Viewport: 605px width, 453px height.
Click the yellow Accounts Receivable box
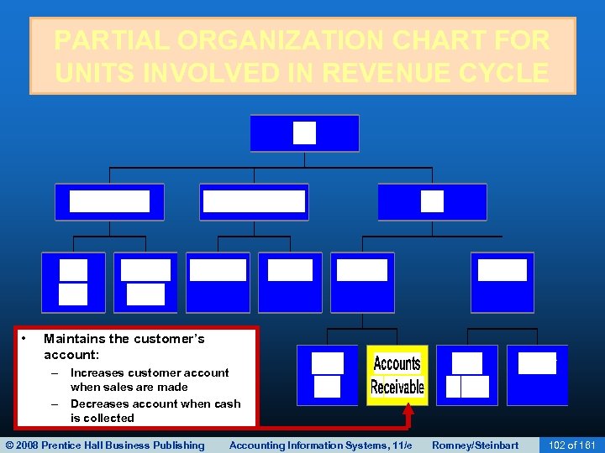(397, 375)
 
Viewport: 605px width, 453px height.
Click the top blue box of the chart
(304, 133)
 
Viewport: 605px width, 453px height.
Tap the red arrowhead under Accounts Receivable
(408, 411)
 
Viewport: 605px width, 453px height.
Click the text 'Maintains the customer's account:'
(124, 346)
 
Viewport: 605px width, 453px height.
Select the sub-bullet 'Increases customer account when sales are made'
(149, 379)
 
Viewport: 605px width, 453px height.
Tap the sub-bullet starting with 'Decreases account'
(155, 410)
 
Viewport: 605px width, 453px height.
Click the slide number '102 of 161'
(571, 445)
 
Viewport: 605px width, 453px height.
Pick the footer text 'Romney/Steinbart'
(475, 445)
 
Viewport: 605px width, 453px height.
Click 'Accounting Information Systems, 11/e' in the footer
(320, 445)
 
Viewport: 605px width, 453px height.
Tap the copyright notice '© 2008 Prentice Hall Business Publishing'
(105, 445)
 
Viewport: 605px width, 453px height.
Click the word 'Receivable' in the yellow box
(397, 387)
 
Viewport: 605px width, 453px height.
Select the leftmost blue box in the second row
(109, 202)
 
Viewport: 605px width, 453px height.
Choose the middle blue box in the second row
(254, 202)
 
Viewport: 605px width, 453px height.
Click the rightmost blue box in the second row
(432, 202)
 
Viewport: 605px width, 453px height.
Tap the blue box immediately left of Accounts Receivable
(328, 375)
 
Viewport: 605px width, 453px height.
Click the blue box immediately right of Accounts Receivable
(467, 375)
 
